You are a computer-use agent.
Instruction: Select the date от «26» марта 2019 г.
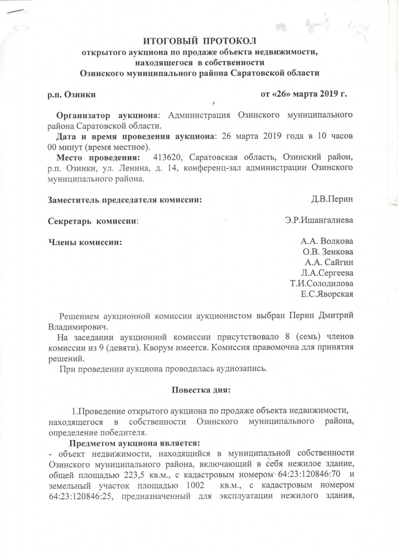pyautogui.click(x=303, y=94)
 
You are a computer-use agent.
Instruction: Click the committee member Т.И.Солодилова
pyautogui.click(x=321, y=284)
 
